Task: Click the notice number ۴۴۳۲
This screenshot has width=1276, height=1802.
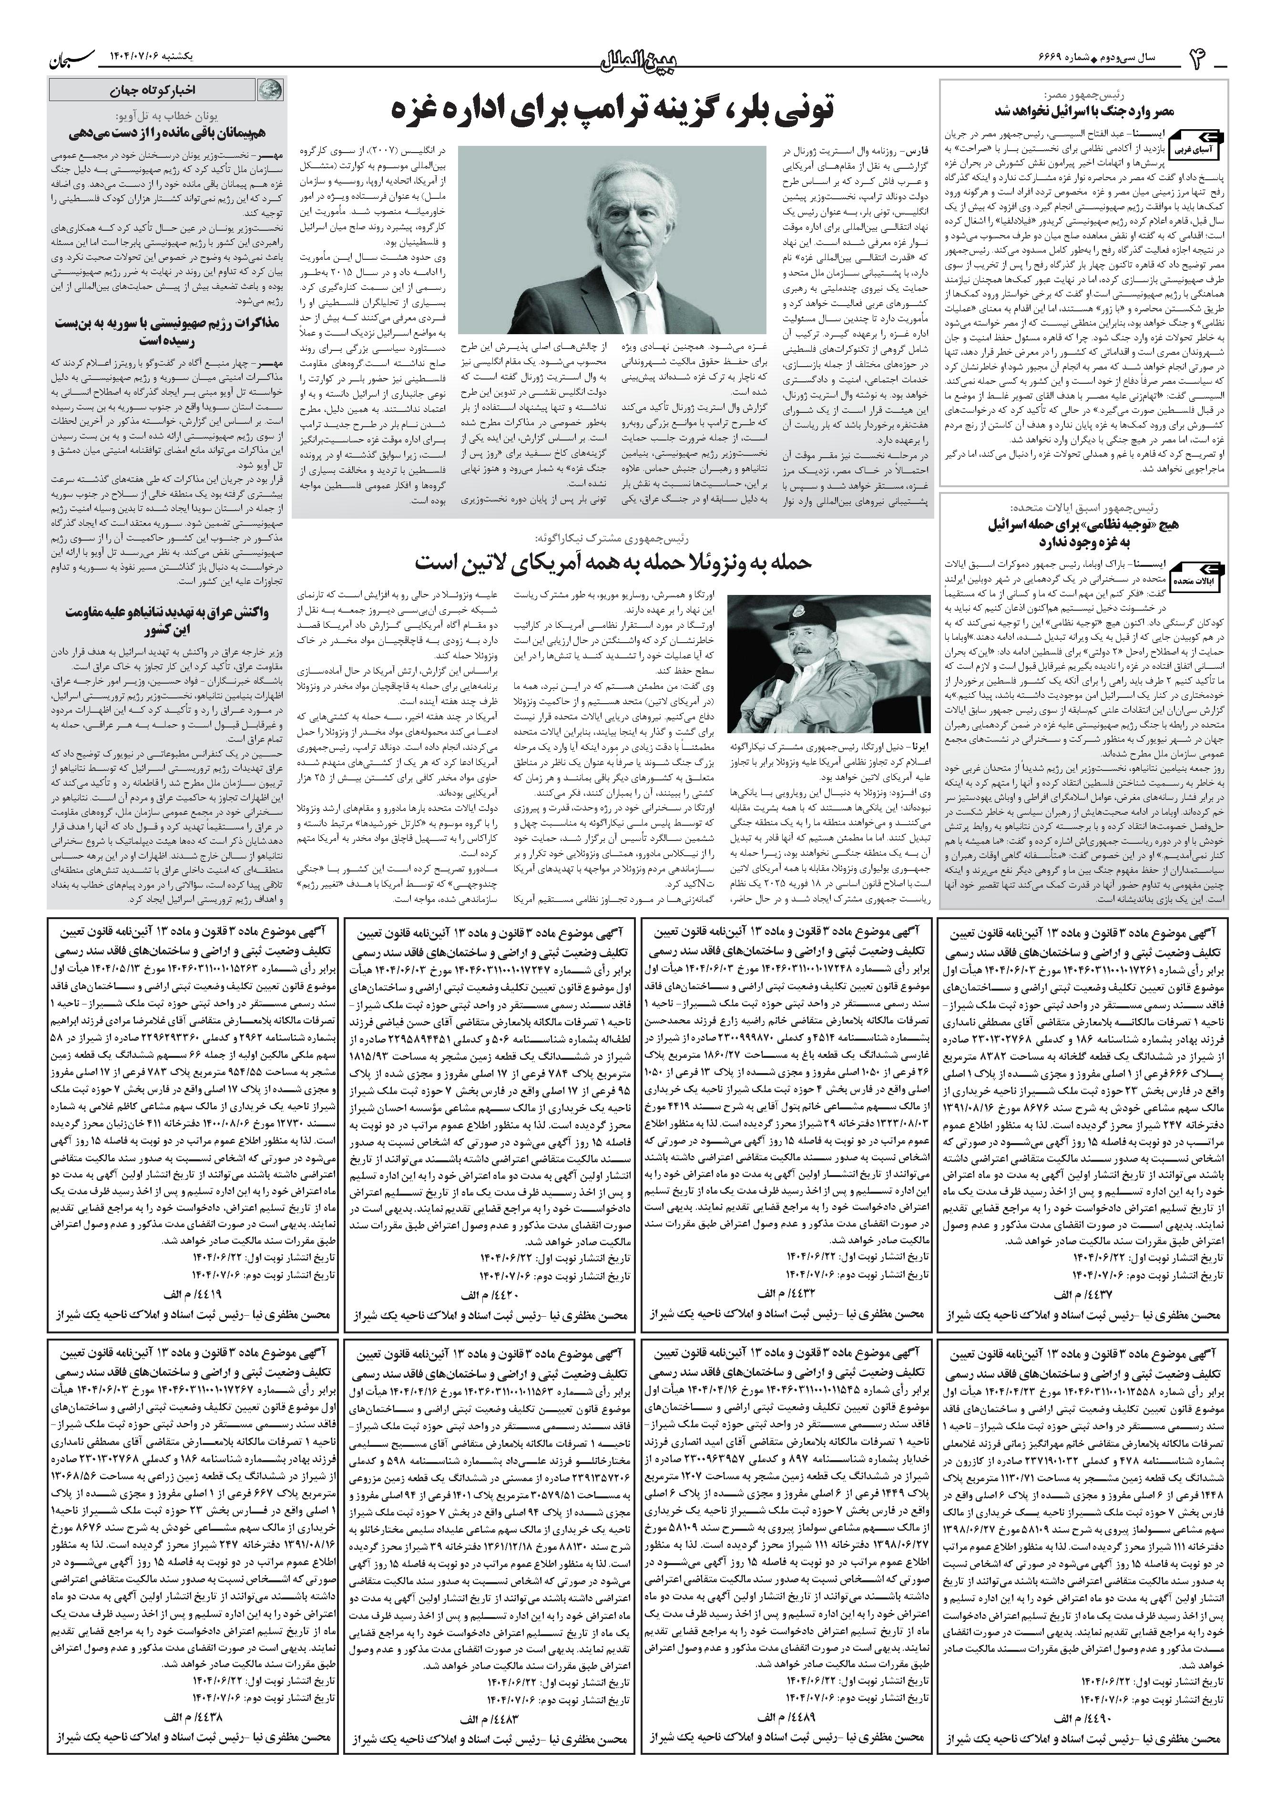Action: click(x=778, y=1293)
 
